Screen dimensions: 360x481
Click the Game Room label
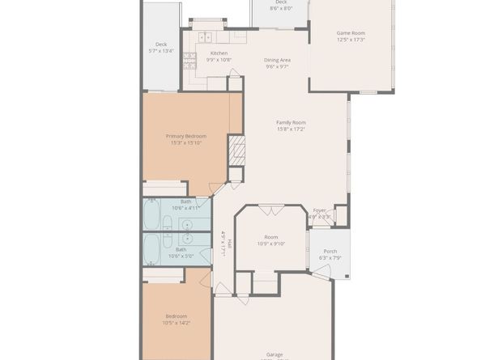pos(351,33)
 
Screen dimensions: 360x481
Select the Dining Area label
pos(278,60)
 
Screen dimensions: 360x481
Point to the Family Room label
pos(291,122)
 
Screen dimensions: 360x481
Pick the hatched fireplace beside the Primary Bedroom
pos(236,150)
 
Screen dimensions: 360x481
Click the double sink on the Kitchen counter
pos(206,36)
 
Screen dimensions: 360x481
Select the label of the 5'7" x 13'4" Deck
pos(161,44)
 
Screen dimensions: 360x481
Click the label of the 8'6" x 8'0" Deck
pos(281,2)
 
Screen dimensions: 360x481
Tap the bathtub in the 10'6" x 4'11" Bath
pos(153,215)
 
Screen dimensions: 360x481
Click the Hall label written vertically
pos(230,243)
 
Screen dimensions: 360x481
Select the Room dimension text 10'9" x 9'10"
pos(272,244)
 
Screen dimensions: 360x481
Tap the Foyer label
pos(319,210)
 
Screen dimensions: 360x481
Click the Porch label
pos(330,251)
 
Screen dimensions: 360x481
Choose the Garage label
pos(275,354)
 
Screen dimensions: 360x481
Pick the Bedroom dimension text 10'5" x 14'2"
pos(177,322)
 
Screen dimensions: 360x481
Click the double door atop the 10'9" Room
pos(271,210)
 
